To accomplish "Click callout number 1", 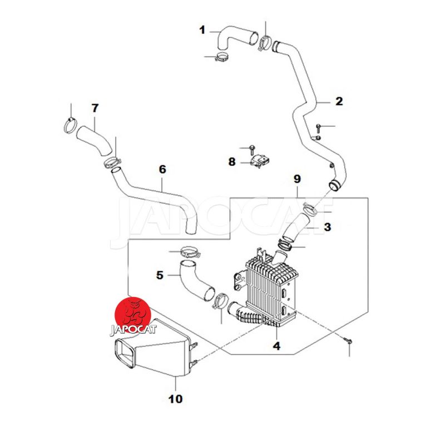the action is point(202,30).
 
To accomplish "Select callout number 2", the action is point(339,101).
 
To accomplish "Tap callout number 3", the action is point(328,227).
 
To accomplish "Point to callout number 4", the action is point(276,346).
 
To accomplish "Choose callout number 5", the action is point(160,275).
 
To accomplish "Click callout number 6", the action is point(162,170).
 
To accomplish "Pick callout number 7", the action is point(95,108).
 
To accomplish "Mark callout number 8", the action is point(232,162).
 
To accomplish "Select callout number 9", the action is point(297,179).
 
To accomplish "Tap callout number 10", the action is point(175,399).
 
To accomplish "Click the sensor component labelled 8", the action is point(260,161).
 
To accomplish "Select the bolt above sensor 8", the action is point(252,150).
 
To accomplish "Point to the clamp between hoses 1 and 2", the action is point(264,42).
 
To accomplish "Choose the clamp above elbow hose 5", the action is point(190,251).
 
